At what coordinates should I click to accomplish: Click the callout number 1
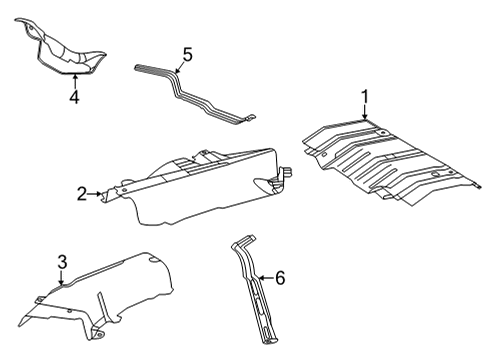coord(365,96)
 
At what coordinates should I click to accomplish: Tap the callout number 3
coord(61,263)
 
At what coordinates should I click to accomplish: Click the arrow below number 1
coord(365,114)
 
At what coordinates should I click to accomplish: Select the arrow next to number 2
coord(100,194)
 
